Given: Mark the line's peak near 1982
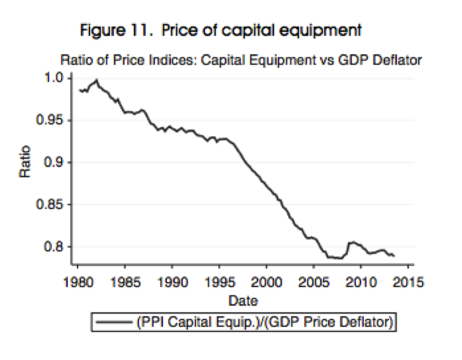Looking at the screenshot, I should (x=96, y=81).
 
